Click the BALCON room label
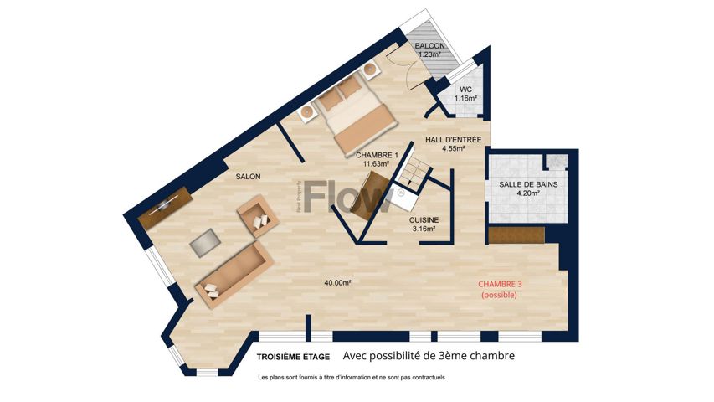430,46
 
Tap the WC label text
465,90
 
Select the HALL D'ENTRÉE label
453,140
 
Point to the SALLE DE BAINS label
528,184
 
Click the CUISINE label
424,220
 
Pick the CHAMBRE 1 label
377,156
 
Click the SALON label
248,177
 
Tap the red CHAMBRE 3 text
500,284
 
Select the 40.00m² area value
337,282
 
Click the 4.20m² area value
528,193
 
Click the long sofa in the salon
234,275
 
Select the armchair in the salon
258,215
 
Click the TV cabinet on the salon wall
165,208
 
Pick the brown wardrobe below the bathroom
516,235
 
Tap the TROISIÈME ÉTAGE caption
293,357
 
